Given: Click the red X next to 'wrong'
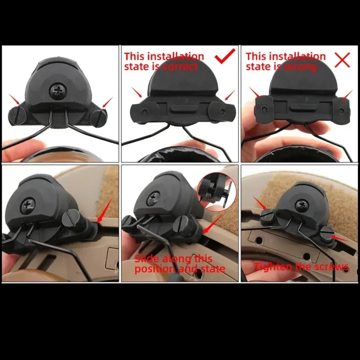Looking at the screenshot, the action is click(x=342, y=60).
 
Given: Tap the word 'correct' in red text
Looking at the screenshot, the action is click(x=180, y=67).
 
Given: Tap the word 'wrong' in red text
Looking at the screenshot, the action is click(x=300, y=67).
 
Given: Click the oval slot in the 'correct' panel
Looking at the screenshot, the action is click(x=182, y=108).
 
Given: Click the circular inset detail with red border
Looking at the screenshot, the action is click(x=216, y=192).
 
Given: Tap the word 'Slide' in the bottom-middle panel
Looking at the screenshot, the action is click(x=147, y=259).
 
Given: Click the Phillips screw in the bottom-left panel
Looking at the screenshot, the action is click(x=28, y=205).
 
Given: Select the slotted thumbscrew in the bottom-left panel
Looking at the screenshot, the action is click(x=72, y=219).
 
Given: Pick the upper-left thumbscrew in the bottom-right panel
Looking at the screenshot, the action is click(x=266, y=216).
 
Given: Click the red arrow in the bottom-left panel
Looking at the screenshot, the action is click(x=105, y=210).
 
